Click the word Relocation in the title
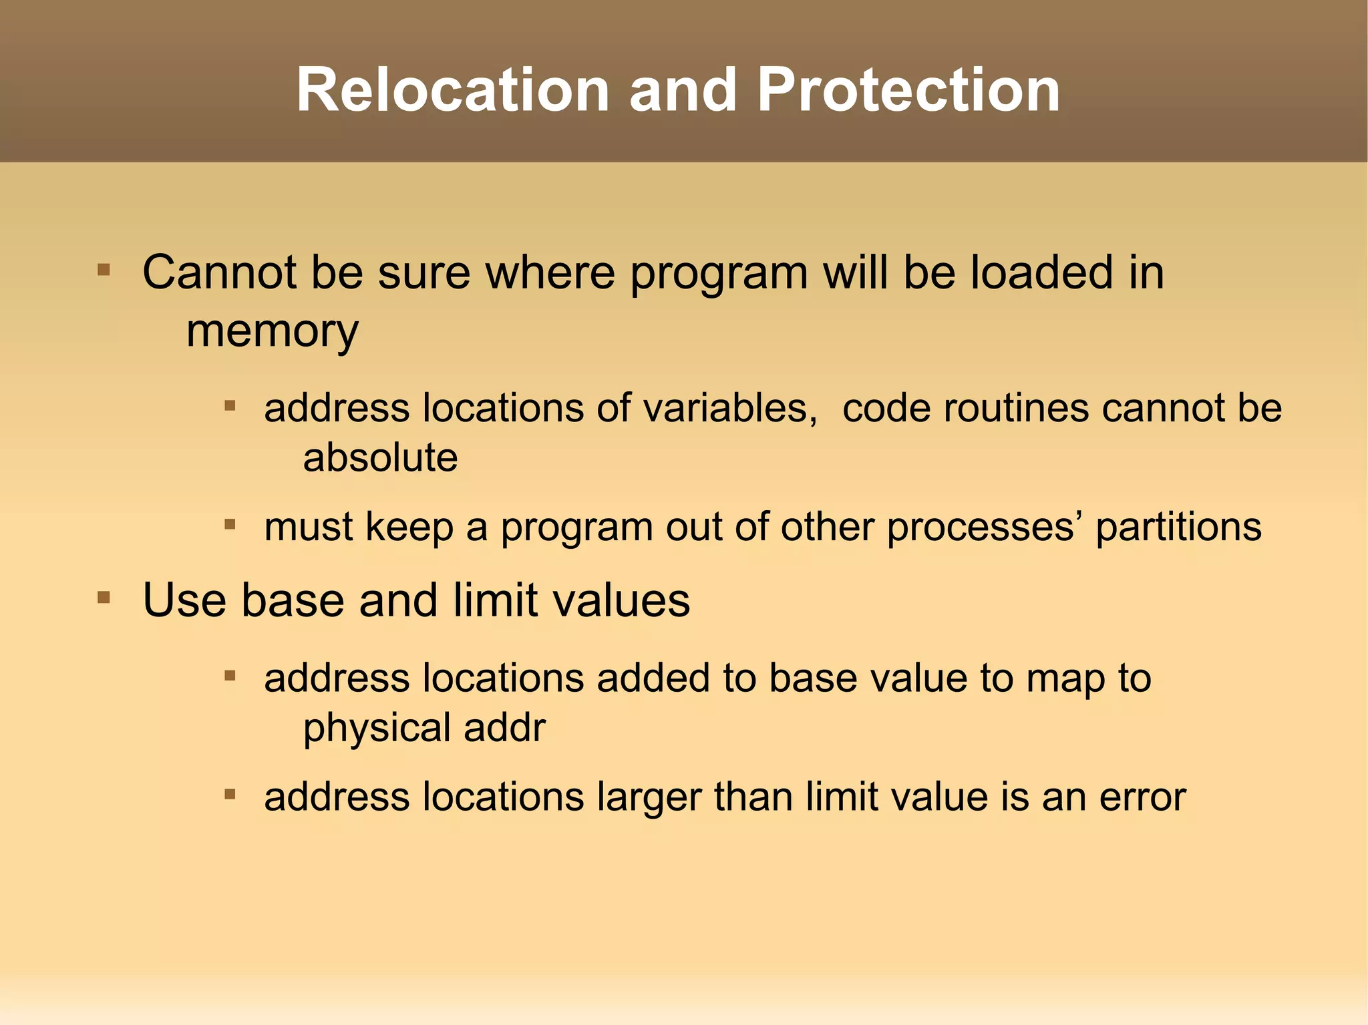click(x=453, y=90)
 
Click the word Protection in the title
click(x=908, y=90)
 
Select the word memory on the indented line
click(x=272, y=331)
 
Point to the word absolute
click(x=380, y=458)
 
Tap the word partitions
click(x=1178, y=527)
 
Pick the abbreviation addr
click(x=504, y=728)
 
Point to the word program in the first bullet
click(x=719, y=274)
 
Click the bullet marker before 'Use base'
click(x=104, y=597)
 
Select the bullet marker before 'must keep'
click(x=230, y=525)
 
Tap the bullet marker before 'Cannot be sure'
click(x=104, y=270)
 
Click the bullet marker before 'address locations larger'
click(x=230, y=795)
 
